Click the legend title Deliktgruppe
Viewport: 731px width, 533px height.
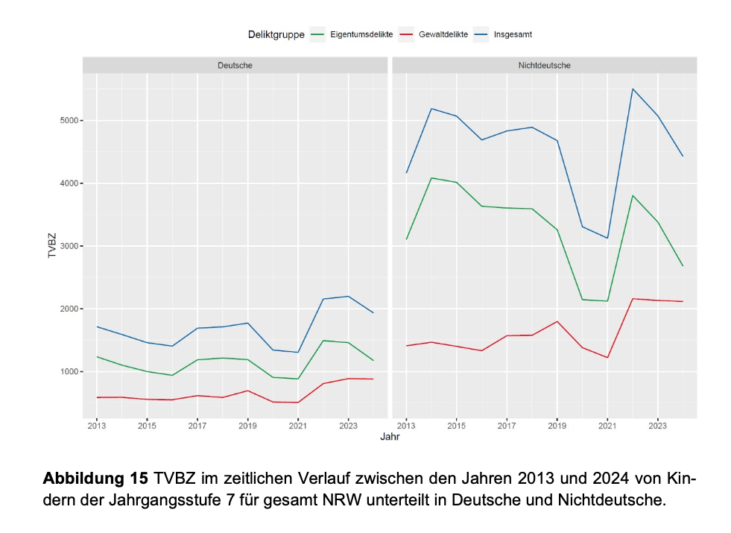[x=276, y=34]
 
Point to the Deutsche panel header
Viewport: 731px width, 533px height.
[x=235, y=66]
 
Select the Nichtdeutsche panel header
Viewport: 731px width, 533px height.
[x=544, y=66]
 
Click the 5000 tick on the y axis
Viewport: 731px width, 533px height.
[x=66, y=121]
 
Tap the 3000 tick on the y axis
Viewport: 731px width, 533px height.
[x=66, y=246]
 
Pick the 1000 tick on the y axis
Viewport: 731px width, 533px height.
[x=66, y=371]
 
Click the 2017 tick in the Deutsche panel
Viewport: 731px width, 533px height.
[x=197, y=426]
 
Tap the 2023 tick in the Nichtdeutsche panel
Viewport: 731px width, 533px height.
[x=658, y=426]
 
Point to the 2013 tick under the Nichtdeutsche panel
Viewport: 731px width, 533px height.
[x=406, y=426]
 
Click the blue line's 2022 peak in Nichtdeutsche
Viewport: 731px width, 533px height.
[x=633, y=89]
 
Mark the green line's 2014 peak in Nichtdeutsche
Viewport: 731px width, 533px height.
[x=431, y=178]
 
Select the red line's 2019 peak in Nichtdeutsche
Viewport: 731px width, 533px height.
[x=557, y=321]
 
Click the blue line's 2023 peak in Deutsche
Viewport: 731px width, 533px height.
[x=348, y=296]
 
